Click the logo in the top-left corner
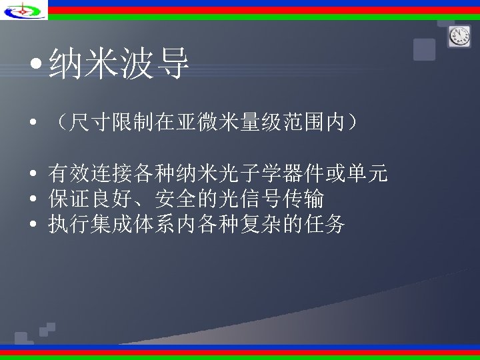tap(24, 10)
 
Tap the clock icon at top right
tap(459, 36)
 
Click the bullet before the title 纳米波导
tap(36, 66)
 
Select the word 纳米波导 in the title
tap(119, 65)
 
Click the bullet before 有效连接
tap(33, 175)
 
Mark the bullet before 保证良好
tap(33, 199)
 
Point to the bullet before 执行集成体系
tap(33, 225)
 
